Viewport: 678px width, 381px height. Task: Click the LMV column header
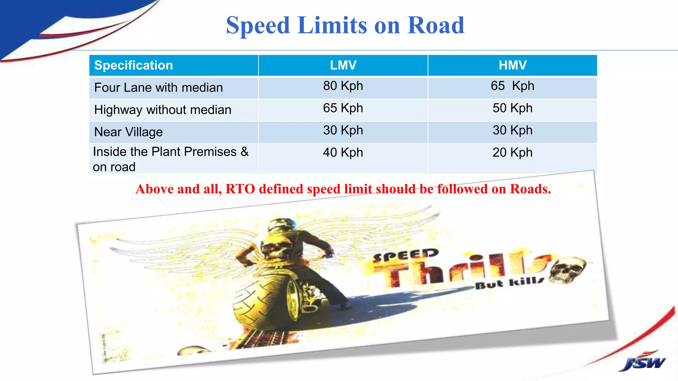point(343,65)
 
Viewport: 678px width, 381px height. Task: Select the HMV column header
point(512,65)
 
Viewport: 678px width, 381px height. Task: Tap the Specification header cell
point(133,65)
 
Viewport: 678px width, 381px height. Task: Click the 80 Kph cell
point(343,86)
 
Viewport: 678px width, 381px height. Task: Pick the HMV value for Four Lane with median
point(512,86)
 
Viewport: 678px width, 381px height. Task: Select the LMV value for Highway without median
point(343,108)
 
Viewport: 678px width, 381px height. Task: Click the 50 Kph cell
point(512,108)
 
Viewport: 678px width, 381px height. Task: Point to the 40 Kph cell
point(343,152)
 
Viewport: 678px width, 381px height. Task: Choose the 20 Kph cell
point(512,152)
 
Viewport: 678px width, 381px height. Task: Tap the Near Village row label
point(128,132)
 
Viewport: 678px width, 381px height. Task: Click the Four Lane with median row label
point(159,88)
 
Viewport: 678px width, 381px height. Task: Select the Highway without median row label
point(163,110)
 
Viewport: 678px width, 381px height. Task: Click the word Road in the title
point(436,25)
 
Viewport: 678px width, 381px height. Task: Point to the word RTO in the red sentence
point(240,189)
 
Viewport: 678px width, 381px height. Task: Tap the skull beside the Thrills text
point(567,270)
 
